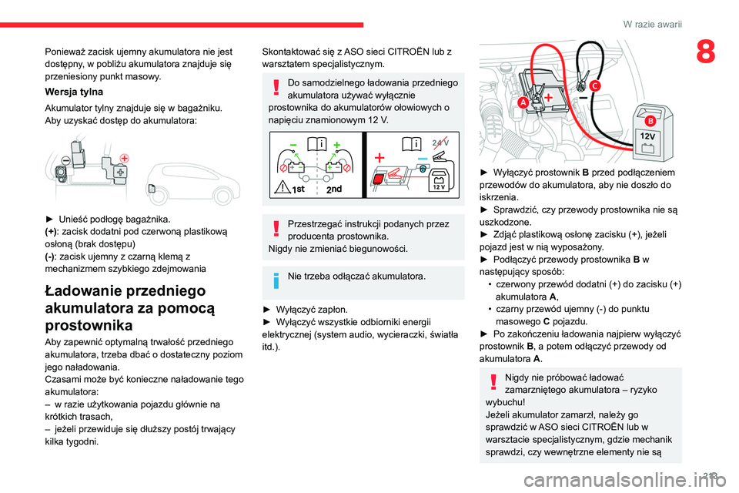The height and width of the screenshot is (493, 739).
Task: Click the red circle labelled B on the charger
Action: (649, 121)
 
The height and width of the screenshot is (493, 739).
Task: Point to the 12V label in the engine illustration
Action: (647, 136)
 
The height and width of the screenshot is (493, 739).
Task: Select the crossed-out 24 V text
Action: (441, 143)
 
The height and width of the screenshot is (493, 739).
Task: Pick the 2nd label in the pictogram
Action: (335, 188)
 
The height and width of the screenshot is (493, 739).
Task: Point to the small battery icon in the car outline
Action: (152, 189)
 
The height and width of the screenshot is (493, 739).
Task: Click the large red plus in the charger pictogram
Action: (380, 156)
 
